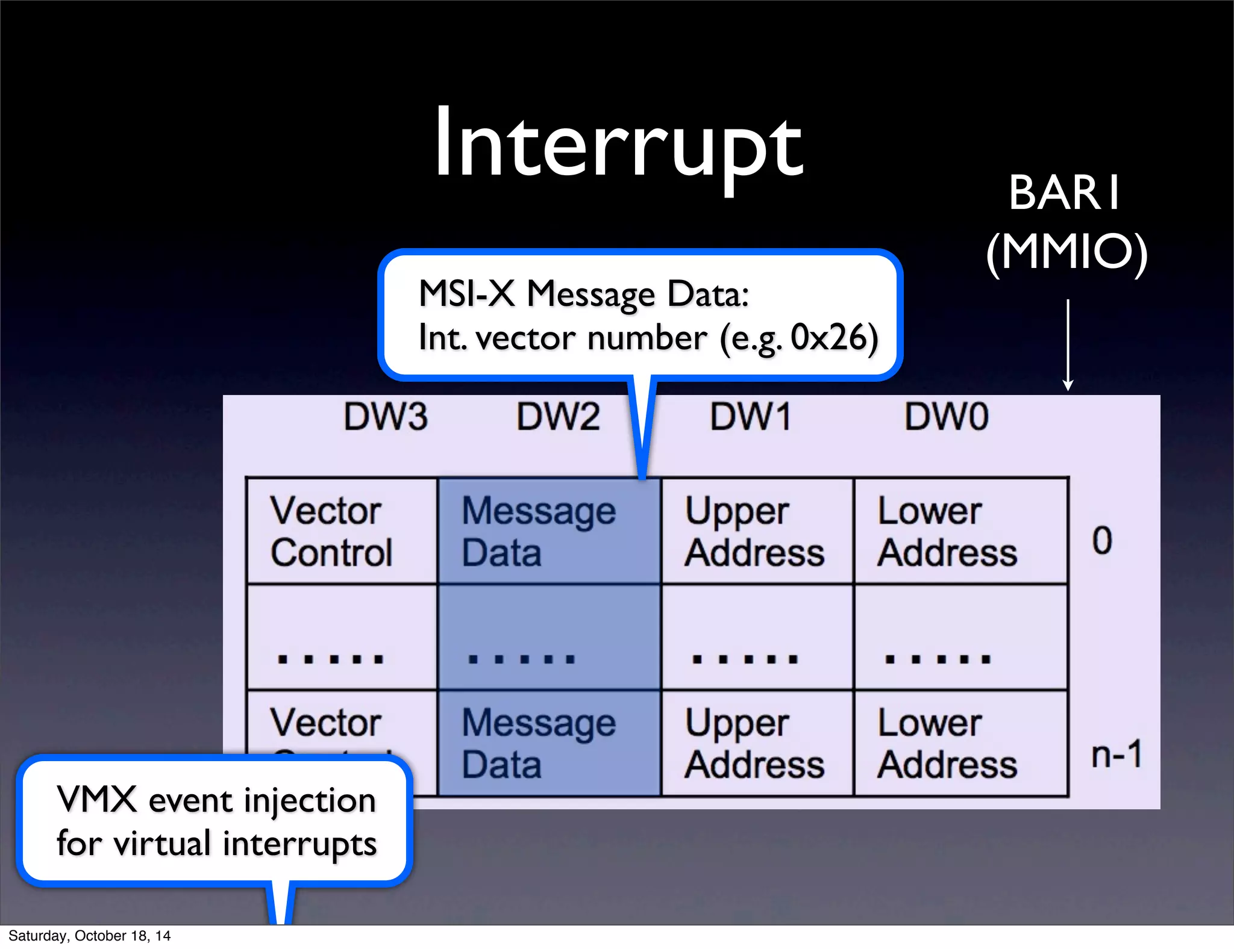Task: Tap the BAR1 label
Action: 1065,193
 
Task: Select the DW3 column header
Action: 386,417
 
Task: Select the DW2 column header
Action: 558,417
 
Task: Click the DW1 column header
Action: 750,417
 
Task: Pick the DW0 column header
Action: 946,417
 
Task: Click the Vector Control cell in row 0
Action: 342,531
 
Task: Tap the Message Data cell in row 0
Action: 548,531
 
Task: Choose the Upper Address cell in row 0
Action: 756,531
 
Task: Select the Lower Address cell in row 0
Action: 960,531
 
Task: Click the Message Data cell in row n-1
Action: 548,743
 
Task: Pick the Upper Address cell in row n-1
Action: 756,743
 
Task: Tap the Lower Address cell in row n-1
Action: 960,743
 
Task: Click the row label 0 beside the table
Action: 1102,540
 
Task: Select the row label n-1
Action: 1117,754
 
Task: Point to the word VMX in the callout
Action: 96,800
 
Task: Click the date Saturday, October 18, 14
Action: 89,936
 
